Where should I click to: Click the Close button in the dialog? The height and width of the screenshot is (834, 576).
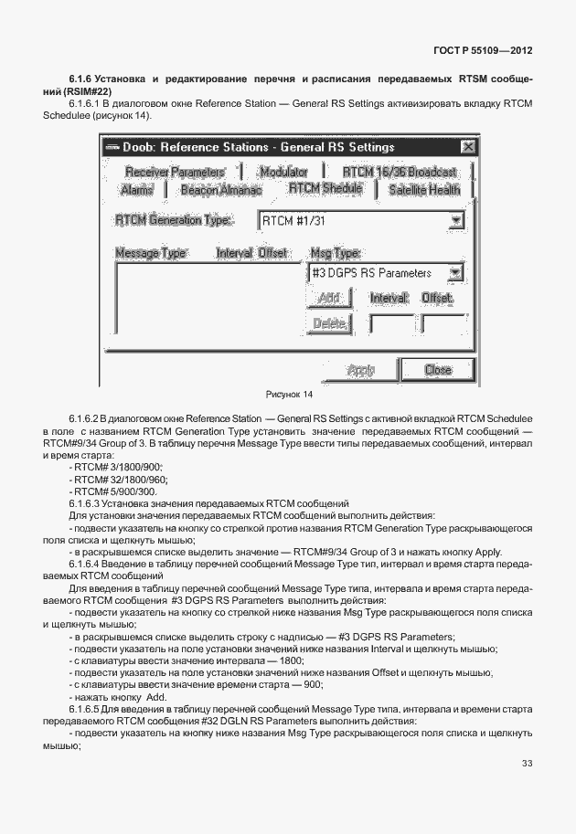click(x=438, y=370)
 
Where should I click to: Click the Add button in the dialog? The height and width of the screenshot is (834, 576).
click(x=327, y=298)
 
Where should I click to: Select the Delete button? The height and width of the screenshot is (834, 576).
click(x=328, y=323)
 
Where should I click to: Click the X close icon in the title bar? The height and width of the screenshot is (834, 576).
click(x=467, y=146)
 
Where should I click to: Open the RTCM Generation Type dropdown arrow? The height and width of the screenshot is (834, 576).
click(x=455, y=220)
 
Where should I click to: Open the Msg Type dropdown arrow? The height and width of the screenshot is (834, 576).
click(x=455, y=272)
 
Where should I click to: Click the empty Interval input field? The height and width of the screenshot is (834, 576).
click(x=389, y=324)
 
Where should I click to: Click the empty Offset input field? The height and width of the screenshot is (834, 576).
click(x=443, y=324)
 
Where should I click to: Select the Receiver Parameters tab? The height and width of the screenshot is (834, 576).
click(x=174, y=172)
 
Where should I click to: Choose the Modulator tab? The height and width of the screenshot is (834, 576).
click(x=283, y=172)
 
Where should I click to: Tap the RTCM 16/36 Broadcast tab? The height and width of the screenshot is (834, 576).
click(x=400, y=172)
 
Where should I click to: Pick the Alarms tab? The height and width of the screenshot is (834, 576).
click(x=137, y=190)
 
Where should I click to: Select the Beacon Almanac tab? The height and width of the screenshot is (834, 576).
click(x=220, y=190)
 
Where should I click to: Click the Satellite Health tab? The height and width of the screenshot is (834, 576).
click(x=423, y=190)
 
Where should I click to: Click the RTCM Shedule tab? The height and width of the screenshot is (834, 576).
click(x=325, y=188)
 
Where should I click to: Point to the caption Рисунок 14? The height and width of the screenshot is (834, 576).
click(x=288, y=395)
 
